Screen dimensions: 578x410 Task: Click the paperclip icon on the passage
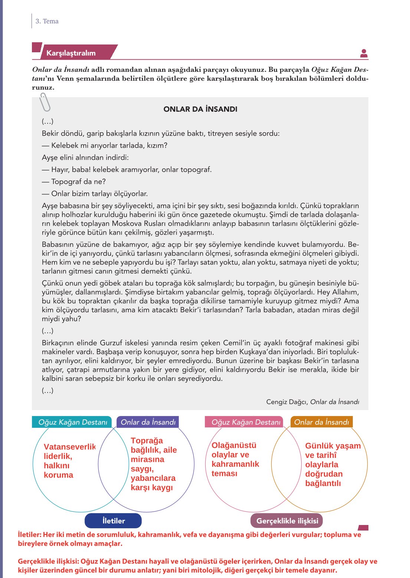(45, 102)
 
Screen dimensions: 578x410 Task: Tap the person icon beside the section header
(364, 53)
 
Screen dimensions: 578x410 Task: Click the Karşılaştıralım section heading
(71, 53)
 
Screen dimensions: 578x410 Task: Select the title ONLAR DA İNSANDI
(200, 109)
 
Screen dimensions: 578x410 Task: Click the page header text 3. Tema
(47, 21)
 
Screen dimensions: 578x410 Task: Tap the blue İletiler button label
(114, 521)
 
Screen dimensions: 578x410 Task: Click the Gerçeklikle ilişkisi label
(287, 521)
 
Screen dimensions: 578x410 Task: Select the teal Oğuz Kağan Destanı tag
(72, 422)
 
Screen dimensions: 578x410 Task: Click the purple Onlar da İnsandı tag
(148, 422)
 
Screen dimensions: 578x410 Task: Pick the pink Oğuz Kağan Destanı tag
(246, 422)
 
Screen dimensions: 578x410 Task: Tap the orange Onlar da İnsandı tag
(321, 422)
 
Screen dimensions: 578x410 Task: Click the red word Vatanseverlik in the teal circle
(69, 447)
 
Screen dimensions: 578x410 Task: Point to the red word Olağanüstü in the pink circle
(234, 445)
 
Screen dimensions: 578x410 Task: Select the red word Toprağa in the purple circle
(147, 440)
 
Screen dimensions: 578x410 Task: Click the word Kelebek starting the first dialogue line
(65, 145)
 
